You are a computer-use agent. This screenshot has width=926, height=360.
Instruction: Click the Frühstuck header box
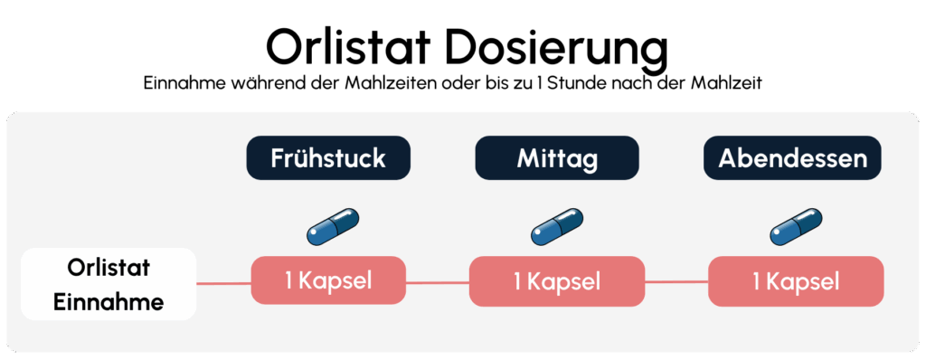tap(328, 158)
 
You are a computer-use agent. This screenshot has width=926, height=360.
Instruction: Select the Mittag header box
tap(557, 158)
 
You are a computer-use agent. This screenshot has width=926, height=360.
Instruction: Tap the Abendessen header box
tap(792, 158)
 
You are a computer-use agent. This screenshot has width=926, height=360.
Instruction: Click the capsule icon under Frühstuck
tap(332, 227)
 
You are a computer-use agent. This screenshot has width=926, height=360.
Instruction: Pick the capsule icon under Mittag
tap(557, 227)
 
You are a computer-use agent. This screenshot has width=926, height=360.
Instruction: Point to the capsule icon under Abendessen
tap(796, 227)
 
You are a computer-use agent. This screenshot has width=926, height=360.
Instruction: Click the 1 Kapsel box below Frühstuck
tap(328, 280)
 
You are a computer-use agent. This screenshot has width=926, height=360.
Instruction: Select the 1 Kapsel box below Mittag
tap(557, 281)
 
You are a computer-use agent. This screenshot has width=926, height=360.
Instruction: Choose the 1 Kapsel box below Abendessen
tap(796, 281)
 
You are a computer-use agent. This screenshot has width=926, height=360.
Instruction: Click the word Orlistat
tap(109, 268)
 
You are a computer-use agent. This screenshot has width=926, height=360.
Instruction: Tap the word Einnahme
tap(109, 301)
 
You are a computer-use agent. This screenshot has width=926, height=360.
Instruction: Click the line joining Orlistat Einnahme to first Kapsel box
tap(223, 282)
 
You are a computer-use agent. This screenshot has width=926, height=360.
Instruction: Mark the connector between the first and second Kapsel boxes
tap(438, 282)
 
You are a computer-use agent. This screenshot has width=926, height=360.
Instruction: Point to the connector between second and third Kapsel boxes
tap(676, 282)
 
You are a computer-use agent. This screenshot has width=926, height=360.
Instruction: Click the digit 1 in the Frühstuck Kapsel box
tap(288, 280)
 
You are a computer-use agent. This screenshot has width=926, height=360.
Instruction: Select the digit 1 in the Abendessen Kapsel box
tap(756, 281)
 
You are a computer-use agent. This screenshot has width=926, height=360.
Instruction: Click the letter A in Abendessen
tap(726, 158)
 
